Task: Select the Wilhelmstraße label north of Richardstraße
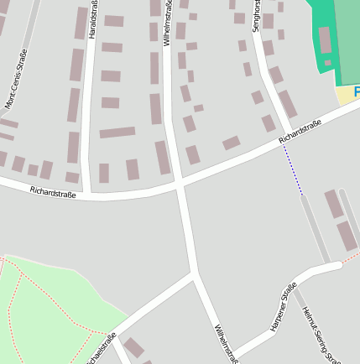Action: click(170, 18)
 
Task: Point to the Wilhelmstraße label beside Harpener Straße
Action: click(227, 343)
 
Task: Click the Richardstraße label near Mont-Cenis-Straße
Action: click(53, 192)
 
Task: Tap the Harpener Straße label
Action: click(284, 308)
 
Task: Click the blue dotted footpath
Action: click(293, 169)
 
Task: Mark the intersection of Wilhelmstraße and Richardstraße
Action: click(179, 183)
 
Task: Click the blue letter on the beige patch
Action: click(356, 91)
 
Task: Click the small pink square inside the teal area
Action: click(326, 62)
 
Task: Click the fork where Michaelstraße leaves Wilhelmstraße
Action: click(195, 274)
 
